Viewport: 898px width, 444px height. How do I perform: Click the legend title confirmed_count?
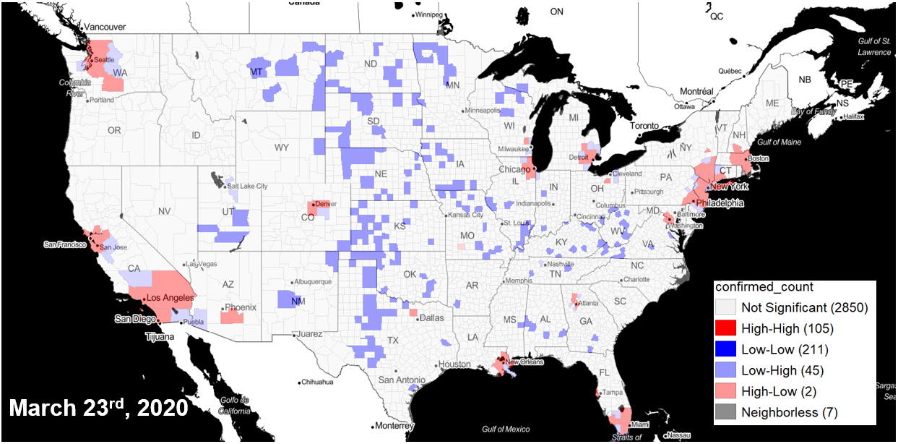coord(764,287)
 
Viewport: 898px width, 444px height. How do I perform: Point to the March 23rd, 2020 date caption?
coord(98,408)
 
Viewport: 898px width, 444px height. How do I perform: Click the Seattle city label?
coord(105,59)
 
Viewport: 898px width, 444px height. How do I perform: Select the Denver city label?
coord(327,204)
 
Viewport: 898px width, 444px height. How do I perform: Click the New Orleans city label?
coord(524,362)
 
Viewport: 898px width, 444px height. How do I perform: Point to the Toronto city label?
coord(648,126)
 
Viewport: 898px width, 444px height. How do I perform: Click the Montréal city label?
coord(696,92)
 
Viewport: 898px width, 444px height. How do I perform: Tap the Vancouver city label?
coord(105,27)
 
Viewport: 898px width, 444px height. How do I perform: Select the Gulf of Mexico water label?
coord(506,430)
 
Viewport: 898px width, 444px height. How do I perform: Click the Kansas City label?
coord(465,215)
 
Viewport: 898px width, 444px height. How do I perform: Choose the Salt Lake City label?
coord(247,186)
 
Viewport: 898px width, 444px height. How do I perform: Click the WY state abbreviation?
coord(281,148)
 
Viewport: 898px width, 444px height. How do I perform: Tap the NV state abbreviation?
coord(164,211)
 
